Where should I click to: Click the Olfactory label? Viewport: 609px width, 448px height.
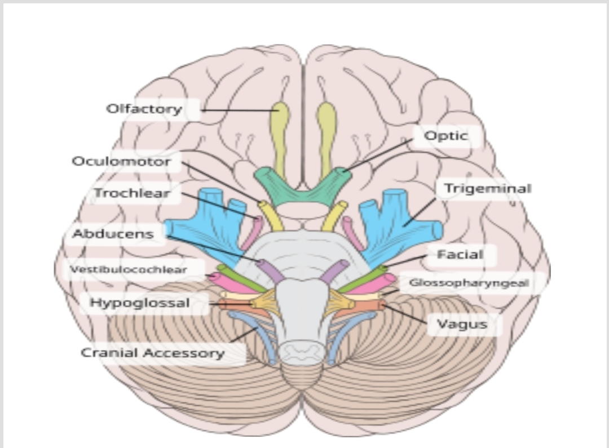144,109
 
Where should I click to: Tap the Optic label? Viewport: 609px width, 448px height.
446,136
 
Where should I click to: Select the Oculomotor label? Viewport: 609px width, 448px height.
121,162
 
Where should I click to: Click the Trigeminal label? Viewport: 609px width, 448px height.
488,188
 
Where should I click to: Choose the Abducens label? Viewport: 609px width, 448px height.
113,234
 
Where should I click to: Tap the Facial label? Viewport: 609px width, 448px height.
461,255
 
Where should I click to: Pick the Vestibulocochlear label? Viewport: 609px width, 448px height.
129,269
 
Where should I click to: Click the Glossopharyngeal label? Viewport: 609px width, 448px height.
469,283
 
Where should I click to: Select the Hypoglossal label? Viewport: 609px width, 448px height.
140,303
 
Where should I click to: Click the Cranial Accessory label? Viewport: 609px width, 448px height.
153,353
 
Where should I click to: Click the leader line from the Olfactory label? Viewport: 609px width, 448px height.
237,110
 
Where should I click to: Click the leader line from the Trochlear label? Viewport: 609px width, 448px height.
217,204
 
